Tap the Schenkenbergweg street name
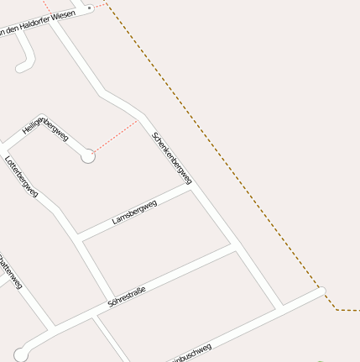point(172,158)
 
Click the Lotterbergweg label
point(22,176)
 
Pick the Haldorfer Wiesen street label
point(37,24)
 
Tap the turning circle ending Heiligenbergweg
point(87,156)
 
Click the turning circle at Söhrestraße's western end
point(21,354)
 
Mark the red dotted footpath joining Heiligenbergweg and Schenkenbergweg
point(117,134)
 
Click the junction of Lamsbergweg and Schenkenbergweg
point(193,188)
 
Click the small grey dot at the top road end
point(89,8)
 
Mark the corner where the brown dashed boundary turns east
point(336,309)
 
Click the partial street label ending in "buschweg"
point(190,353)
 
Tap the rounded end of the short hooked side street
point(21,66)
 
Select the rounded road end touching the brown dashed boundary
point(321,291)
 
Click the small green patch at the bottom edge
point(320,359)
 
